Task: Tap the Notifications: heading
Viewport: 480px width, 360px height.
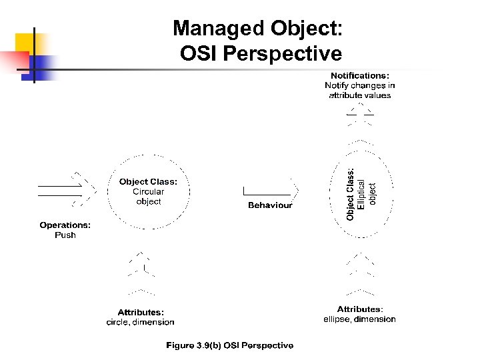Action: tap(360, 75)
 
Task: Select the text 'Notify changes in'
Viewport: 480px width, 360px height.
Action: tap(360, 85)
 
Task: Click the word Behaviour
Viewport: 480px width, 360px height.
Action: tap(270, 205)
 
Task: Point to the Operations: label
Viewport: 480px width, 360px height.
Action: tap(65, 225)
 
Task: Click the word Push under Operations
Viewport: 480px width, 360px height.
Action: tap(65, 235)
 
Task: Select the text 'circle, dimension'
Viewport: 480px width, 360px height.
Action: tap(141, 322)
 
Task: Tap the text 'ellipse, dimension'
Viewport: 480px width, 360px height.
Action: tap(359, 319)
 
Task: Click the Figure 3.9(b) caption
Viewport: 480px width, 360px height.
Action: tap(229, 345)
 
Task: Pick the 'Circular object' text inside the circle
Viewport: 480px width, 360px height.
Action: tap(148, 197)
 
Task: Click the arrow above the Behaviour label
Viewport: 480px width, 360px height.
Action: tap(270, 190)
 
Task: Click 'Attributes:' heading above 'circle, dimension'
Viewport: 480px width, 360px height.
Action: tap(141, 312)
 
